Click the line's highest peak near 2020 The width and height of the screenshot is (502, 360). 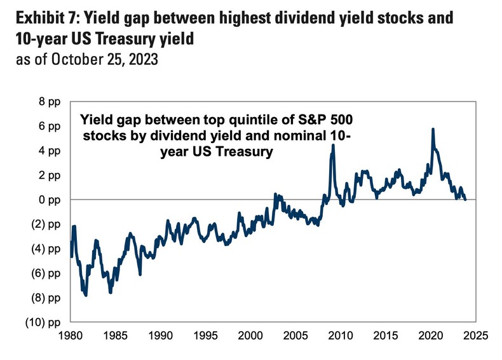click(433, 129)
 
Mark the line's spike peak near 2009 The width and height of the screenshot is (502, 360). click(333, 146)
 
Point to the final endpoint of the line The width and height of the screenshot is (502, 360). click(465, 199)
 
